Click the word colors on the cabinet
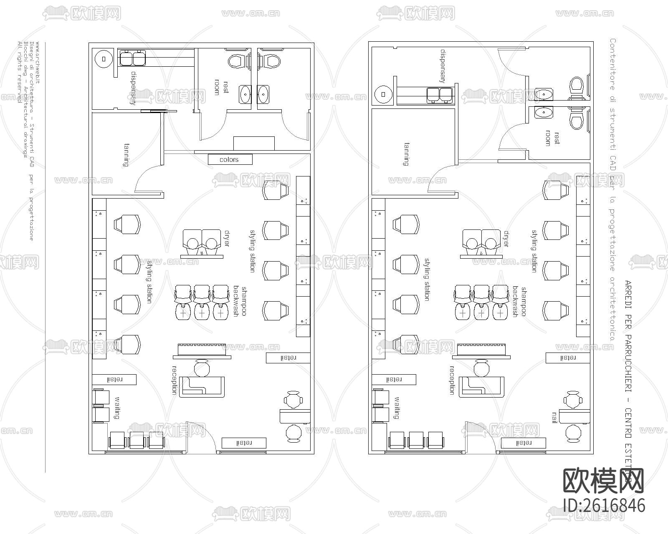pyautogui.click(x=229, y=160)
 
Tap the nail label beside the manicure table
pyautogui.click(x=555, y=418)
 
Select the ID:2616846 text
pyautogui.click(x=604, y=505)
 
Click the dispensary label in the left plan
pyautogui.click(x=133, y=88)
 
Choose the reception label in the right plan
pyautogui.click(x=452, y=380)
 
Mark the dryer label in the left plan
pyautogui.click(x=227, y=238)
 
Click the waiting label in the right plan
pyautogui.click(x=396, y=408)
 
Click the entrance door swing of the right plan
pyautogui.click(x=473, y=434)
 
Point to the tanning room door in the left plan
pyautogui.click(x=148, y=177)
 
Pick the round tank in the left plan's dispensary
pyautogui.click(x=104, y=59)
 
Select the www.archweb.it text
pyautogui.click(x=38, y=62)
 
